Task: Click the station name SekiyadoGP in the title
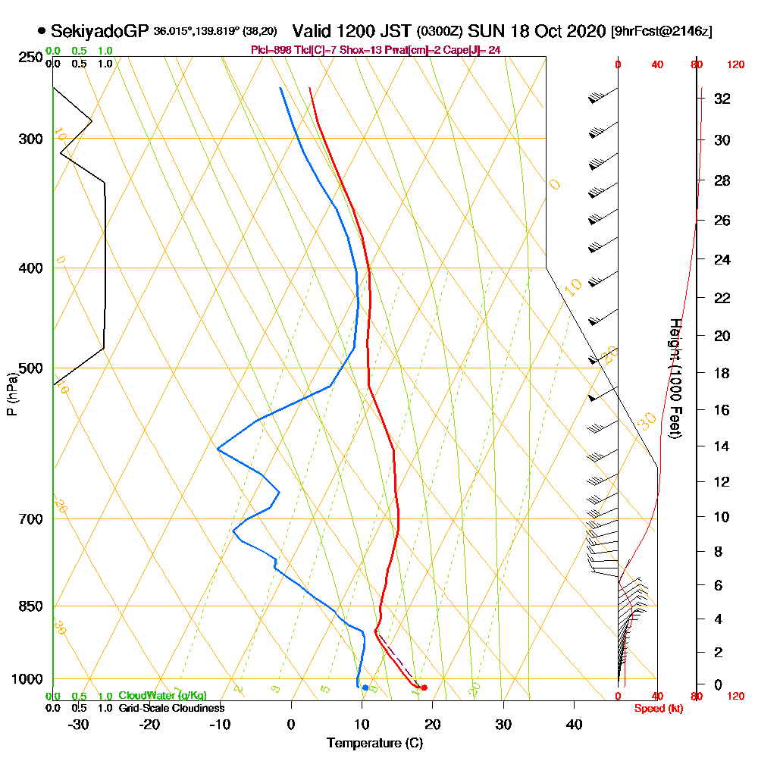click(100, 31)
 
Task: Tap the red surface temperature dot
click(424, 688)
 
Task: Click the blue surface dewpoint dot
click(365, 688)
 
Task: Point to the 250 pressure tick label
click(30, 58)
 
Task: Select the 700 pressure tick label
click(30, 519)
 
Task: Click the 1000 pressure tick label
click(27, 679)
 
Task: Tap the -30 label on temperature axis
click(79, 724)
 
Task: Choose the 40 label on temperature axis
click(575, 724)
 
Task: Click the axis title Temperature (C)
click(374, 743)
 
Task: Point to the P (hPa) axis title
click(11, 394)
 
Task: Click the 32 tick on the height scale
click(722, 99)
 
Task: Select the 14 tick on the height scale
click(722, 446)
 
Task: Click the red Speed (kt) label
click(657, 709)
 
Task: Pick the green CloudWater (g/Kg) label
click(162, 696)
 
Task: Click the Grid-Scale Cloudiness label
click(171, 708)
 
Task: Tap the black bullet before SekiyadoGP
click(41, 31)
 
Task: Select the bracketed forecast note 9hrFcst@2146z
click(661, 32)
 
